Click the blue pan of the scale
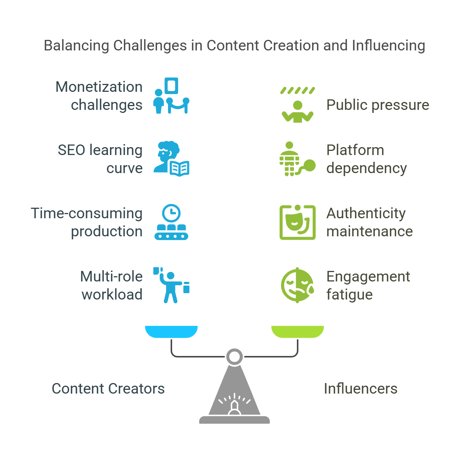(171, 331)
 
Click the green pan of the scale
(297, 331)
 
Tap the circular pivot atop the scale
(234, 356)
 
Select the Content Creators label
(108, 389)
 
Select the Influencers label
(360, 389)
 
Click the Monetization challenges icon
(171, 96)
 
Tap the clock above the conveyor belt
(171, 213)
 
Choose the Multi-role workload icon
(171, 285)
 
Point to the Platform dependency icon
(297, 159)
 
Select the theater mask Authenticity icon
(297, 222)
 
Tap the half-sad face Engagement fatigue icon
(297, 285)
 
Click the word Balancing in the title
(77, 46)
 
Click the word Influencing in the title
(389, 46)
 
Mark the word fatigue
(349, 295)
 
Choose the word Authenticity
(366, 213)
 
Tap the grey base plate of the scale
(234, 420)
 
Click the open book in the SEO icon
(180, 168)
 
